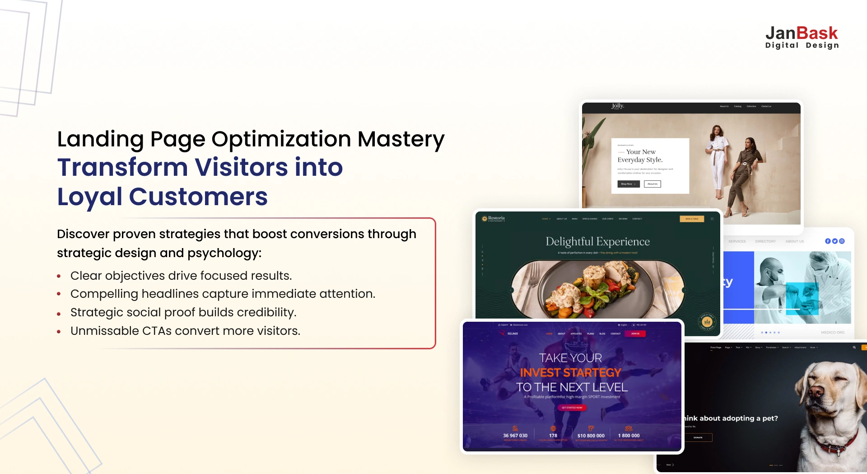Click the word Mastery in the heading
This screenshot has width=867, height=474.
[401, 139]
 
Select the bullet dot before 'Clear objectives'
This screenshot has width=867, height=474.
[59, 276]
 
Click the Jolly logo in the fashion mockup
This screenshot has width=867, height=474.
[617, 106]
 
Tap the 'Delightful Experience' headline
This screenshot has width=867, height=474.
[597, 241]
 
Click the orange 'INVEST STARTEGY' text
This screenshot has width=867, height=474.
[571, 372]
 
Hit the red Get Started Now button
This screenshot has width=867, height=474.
[572, 408]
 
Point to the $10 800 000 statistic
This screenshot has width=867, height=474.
[591, 436]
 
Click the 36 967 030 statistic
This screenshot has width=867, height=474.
[515, 436]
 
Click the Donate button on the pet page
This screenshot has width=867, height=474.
[698, 437]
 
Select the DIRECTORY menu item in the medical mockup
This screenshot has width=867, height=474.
[765, 241]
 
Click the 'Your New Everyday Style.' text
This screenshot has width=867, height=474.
[640, 156]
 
